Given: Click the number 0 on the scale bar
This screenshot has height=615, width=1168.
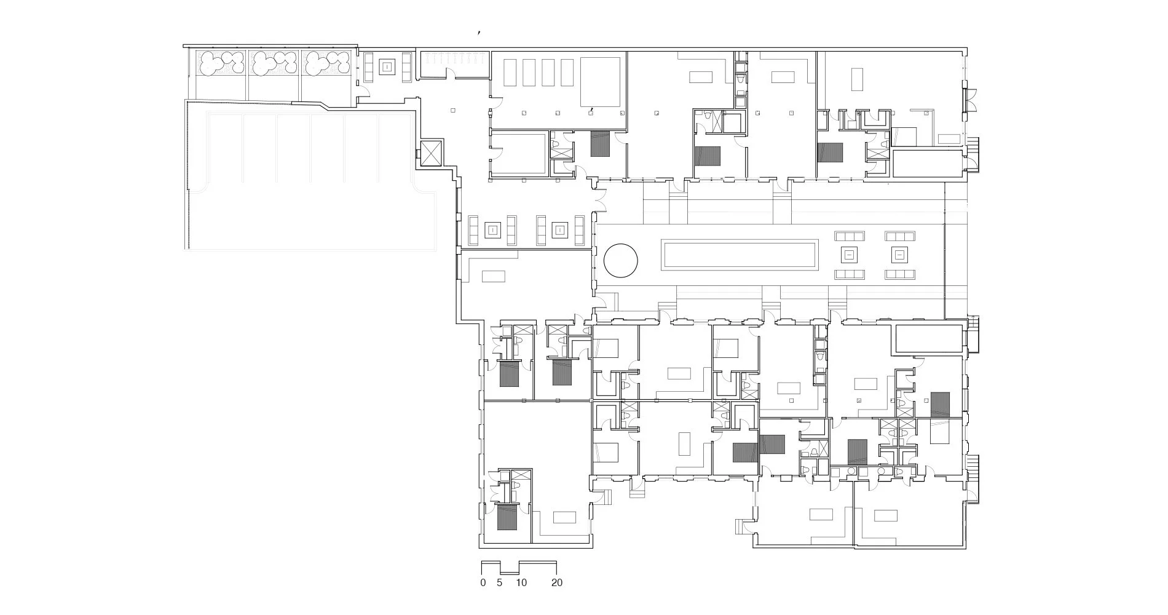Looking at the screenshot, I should coord(483,582).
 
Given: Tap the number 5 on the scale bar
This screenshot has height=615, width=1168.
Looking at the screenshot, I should coord(500,582).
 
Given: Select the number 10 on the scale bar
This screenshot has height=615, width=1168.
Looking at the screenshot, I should coord(521,582).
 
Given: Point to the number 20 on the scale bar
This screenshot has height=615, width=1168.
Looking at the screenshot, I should coord(556,582).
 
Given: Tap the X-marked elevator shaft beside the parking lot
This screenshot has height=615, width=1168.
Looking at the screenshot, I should coord(431,152).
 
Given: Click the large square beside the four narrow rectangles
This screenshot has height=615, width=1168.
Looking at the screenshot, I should coord(600,82).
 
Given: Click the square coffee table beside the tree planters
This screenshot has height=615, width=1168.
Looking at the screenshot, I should coord(387,67).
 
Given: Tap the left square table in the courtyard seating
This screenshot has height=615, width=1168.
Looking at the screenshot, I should coord(849,255).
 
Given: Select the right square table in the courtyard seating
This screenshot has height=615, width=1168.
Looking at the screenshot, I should coord(899,255).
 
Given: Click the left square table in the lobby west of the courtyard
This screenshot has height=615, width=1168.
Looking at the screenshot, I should coord(492,231).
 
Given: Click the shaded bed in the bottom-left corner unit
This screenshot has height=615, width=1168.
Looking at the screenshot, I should coord(507,517).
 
